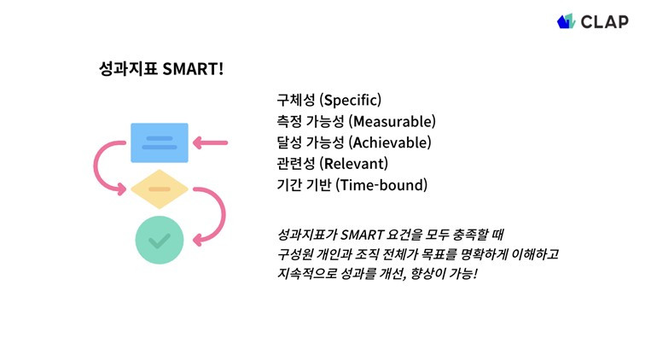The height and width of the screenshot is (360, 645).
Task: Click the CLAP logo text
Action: point(604,21)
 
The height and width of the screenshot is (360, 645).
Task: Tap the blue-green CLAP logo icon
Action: point(566,21)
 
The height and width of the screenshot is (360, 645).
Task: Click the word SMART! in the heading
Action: point(193,69)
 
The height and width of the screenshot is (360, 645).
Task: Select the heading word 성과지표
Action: point(128,69)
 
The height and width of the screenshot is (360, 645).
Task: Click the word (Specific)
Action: point(351,100)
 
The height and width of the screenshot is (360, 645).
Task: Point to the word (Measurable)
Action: point(392,121)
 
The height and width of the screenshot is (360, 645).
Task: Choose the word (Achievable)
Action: point(390,142)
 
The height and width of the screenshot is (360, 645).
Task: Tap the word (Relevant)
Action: point(354,163)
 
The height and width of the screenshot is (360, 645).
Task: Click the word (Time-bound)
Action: point(381,185)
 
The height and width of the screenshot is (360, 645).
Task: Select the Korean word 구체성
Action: point(296,100)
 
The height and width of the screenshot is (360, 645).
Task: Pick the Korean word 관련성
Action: point(296,163)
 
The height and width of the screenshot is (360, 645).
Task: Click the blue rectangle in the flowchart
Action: point(160,142)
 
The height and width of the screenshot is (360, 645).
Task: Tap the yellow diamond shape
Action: point(160,189)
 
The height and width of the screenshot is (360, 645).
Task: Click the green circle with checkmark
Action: point(160,240)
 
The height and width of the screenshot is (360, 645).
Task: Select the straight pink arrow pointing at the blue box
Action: point(210,142)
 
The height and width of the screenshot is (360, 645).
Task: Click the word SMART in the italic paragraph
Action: point(363,235)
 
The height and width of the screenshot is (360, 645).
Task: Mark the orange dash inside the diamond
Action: point(160,189)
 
